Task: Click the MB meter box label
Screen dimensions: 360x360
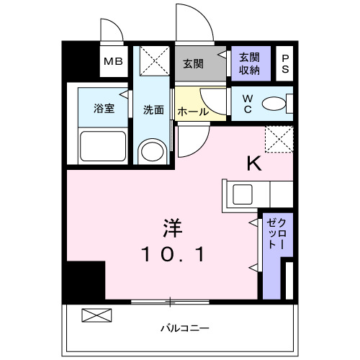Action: coord(114,61)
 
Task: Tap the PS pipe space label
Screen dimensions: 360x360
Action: coord(285,62)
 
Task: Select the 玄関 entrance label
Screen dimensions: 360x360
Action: coord(192,63)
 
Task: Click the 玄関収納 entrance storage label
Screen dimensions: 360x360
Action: coord(250,63)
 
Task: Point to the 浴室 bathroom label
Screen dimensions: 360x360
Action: coord(104,109)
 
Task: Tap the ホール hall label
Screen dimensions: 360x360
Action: coord(192,112)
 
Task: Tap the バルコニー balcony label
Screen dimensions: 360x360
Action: coord(179,329)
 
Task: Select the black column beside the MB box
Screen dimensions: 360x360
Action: coord(80,60)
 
